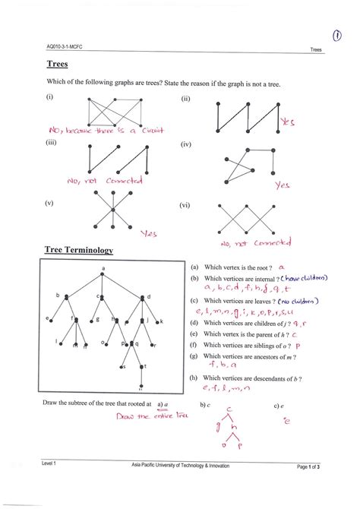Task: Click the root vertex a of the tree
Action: click(104, 276)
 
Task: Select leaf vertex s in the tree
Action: click(125, 366)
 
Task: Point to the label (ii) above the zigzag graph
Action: click(185, 100)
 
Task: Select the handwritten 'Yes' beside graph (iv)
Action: click(282, 184)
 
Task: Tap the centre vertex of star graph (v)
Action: click(112, 209)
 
